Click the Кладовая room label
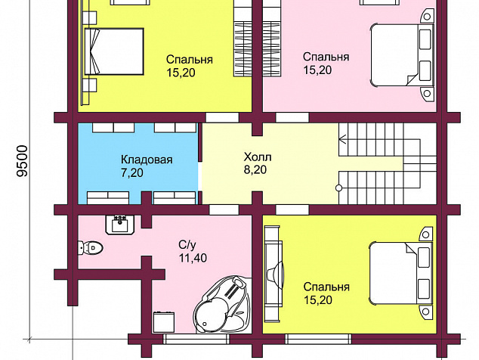pos(147,160)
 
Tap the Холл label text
pos(258,157)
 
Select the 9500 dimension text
pos(23,161)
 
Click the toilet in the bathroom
pos(91,247)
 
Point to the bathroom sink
pos(120,225)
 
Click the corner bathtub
pos(222,304)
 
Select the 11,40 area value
pos(193,258)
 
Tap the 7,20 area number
pos(132,172)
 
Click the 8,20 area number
pos(255,169)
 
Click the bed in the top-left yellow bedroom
pos(114,51)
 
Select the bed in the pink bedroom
pos(402,55)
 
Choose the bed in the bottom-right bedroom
pos(400,273)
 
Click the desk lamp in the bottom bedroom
pos(275,274)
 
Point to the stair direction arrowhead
pos(342,140)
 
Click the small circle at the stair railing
pos(338,188)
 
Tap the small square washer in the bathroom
pos(164,321)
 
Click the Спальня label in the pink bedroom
pos(326,57)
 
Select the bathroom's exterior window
pos(196,339)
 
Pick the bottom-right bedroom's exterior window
pos(318,339)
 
